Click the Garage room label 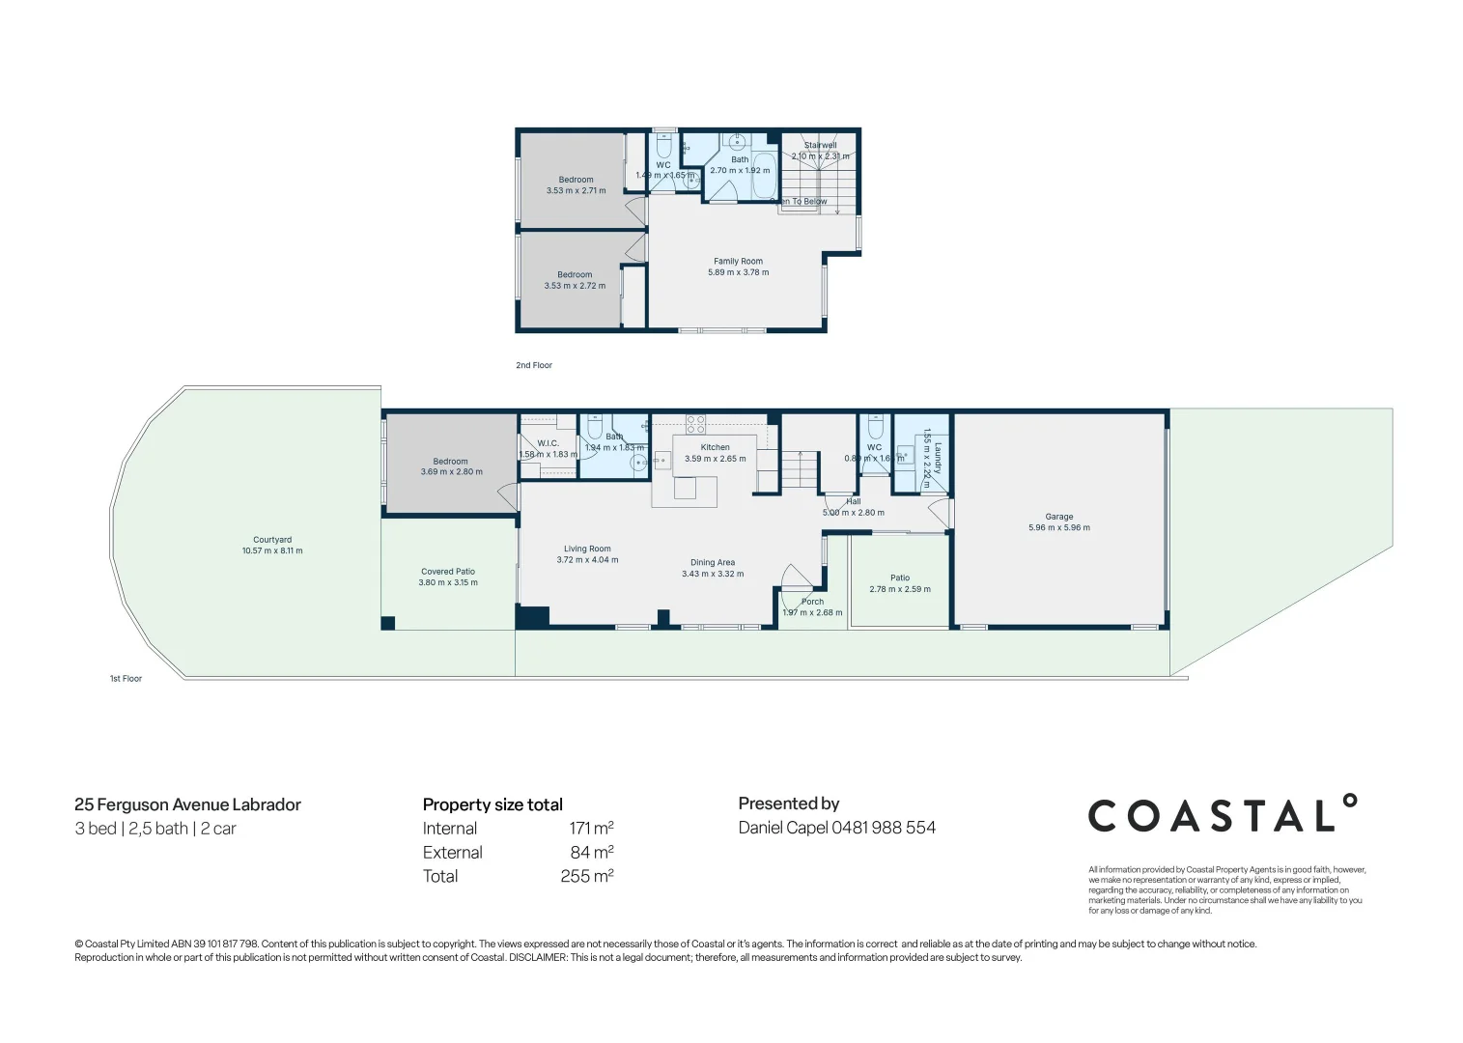[1058, 517]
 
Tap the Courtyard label [272, 540]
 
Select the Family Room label [738, 261]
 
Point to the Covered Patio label [448, 572]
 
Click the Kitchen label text [715, 447]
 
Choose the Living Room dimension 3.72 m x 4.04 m [587, 560]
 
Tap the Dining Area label [713, 562]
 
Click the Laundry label [938, 458]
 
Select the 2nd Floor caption [534, 365]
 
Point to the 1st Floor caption [126, 679]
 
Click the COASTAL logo [1223, 815]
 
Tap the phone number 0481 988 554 [884, 828]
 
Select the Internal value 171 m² [591, 829]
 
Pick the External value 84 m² [591, 853]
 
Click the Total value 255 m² [586, 877]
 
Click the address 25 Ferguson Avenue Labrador [187, 804]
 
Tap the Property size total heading [492, 804]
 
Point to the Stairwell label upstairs [820, 145]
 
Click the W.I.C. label [549, 443]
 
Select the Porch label [812, 602]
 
